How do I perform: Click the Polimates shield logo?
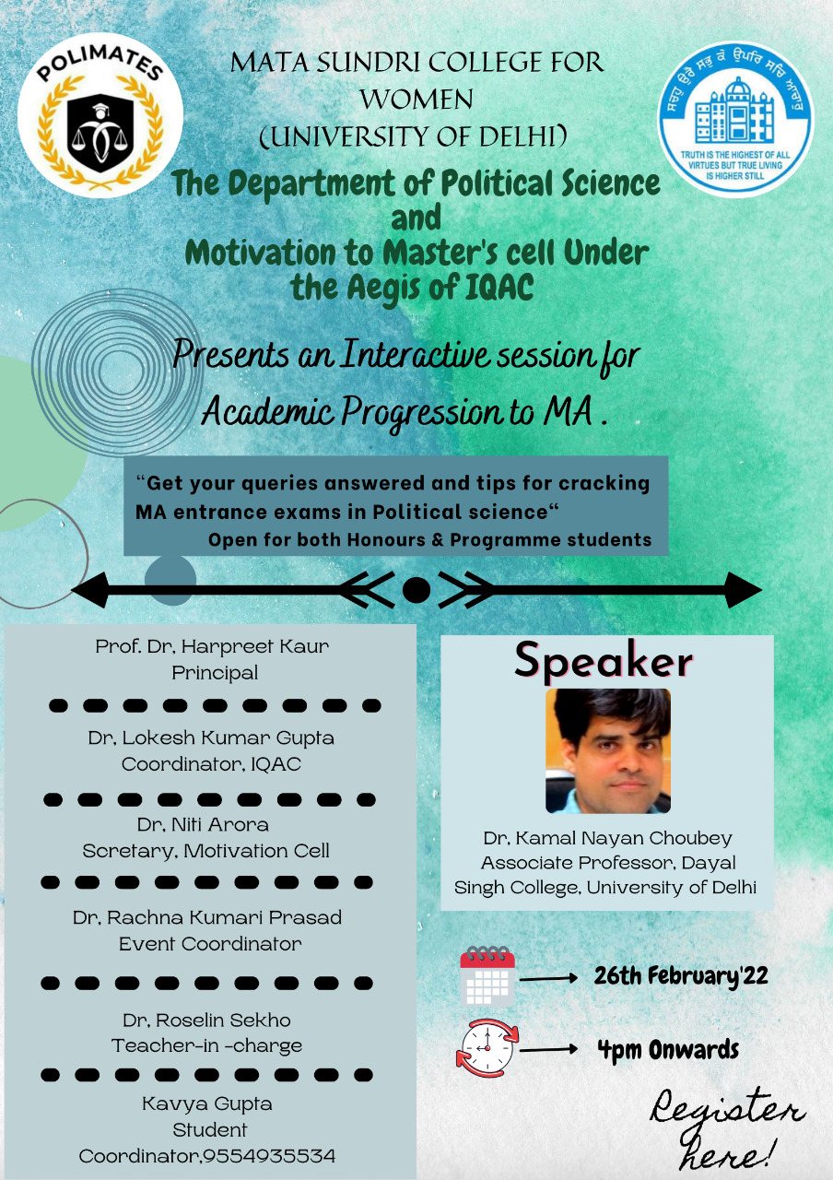100,115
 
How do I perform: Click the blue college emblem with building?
735,119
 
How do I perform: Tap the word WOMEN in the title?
416,99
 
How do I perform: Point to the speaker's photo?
607,750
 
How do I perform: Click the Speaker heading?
603,661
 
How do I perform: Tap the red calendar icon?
487,976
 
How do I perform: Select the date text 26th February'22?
681,976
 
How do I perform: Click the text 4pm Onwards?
668,1049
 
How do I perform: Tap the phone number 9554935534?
269,1156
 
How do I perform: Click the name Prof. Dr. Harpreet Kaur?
212,646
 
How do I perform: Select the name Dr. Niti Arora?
203,824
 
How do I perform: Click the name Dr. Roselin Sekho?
206,1020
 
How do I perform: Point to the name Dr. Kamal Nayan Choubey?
607,838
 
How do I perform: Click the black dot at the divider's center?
416,590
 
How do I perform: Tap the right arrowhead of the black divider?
743,590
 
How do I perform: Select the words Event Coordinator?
210,944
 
